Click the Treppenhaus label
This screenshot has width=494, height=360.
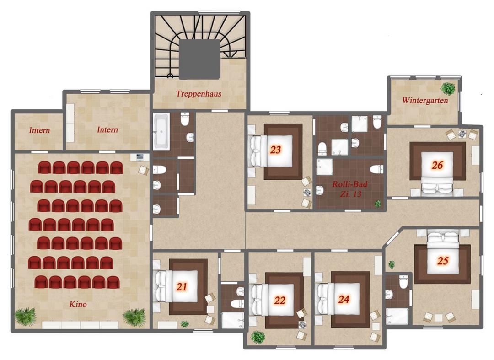coord(199,93)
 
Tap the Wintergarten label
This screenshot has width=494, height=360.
coord(425,101)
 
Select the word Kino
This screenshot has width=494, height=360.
coord(78,304)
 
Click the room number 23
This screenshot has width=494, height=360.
coord(275,150)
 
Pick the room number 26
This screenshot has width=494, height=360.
coord(437,165)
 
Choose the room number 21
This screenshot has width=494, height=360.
coord(182,287)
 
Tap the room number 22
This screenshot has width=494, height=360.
coord(279,300)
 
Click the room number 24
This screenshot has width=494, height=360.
coord(344,299)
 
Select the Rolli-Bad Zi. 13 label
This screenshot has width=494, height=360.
coord(350,188)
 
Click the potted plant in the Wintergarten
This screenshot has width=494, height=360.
coord(448,88)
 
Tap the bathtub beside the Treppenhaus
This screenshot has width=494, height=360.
coord(161,132)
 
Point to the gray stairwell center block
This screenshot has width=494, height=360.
coord(199,59)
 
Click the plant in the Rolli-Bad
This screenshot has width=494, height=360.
coord(378,204)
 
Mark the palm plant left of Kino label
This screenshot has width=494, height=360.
coord(25,317)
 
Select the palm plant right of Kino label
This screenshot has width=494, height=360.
coord(134,317)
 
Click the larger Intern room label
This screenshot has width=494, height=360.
coord(107,129)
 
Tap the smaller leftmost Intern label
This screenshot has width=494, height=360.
coord(39,130)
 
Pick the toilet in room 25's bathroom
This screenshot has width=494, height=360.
coord(403,282)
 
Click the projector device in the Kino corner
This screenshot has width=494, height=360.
coord(140,157)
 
